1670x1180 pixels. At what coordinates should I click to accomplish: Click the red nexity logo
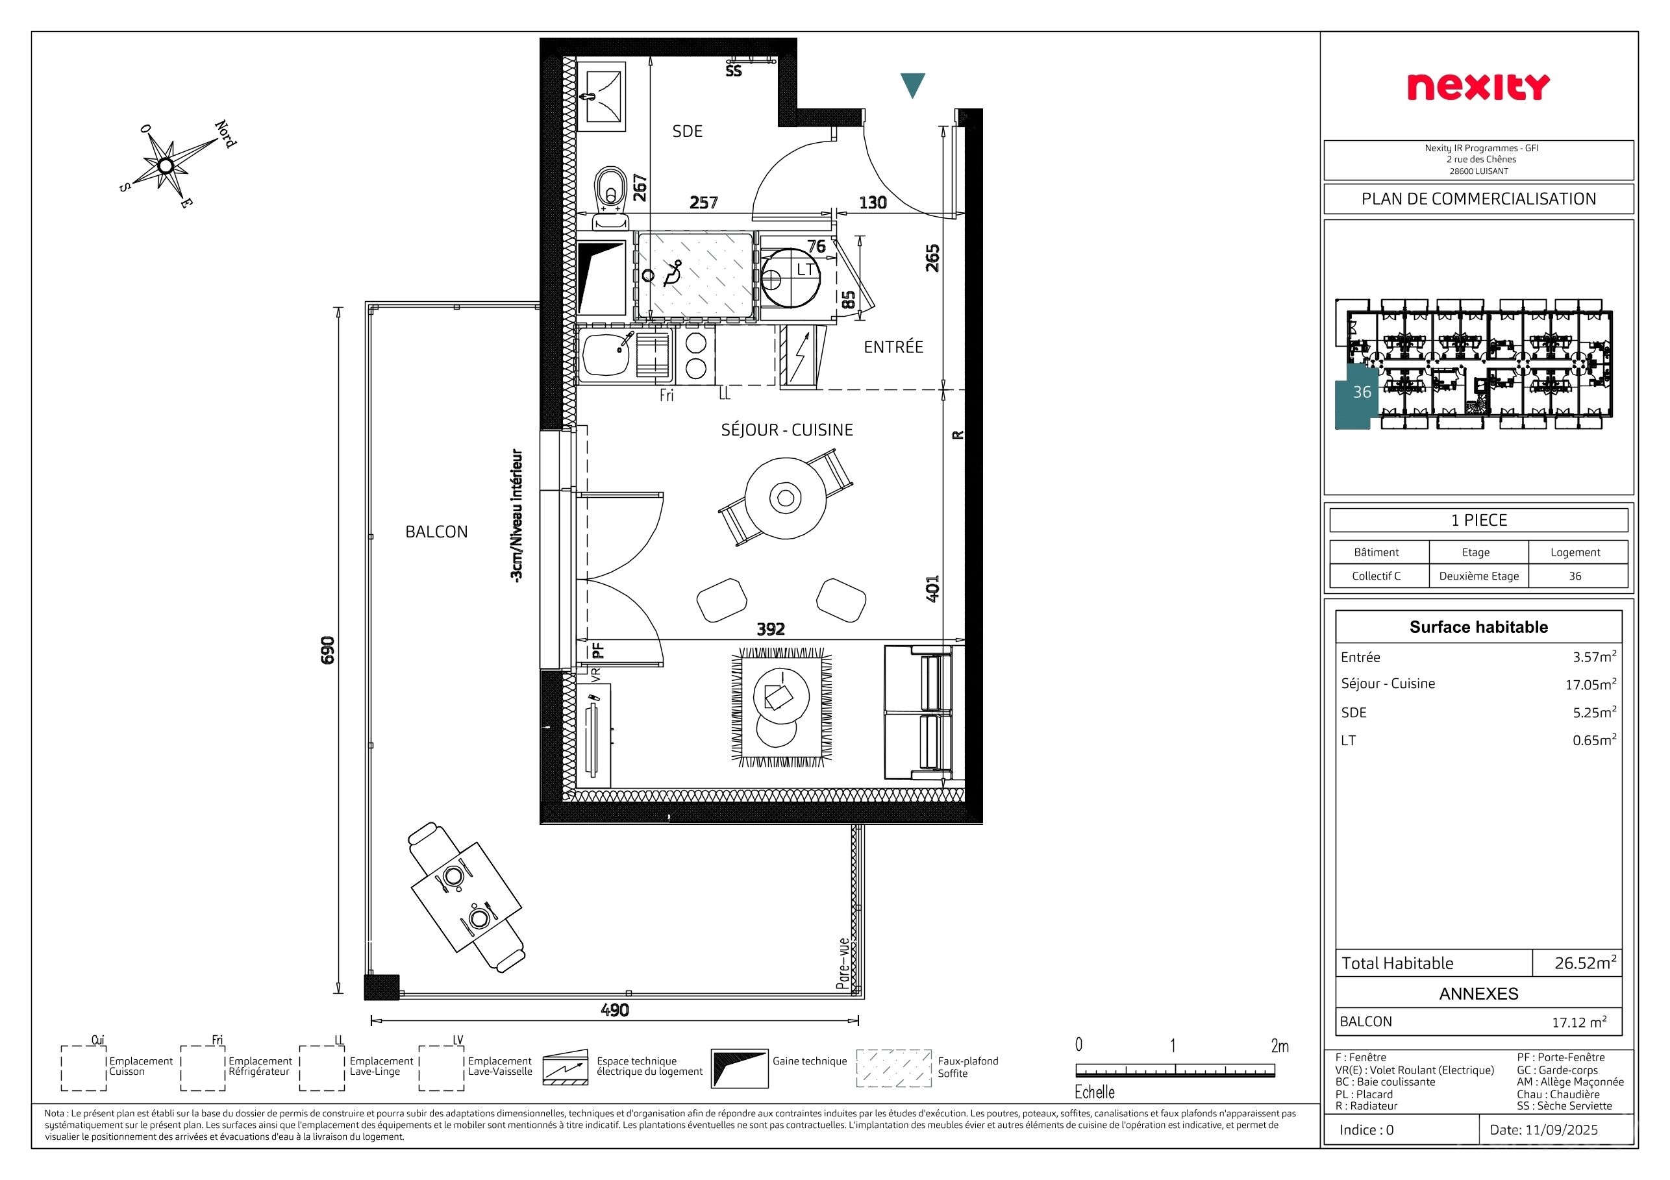1478,87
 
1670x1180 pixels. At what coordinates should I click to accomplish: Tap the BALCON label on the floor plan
436,532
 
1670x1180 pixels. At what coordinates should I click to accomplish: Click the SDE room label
688,131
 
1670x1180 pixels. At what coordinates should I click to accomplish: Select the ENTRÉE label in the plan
893,347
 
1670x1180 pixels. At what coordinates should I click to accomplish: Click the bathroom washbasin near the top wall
601,95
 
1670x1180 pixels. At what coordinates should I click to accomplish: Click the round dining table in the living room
786,498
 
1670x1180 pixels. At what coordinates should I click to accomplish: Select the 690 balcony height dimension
327,649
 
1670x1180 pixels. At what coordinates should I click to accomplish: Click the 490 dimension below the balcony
615,1010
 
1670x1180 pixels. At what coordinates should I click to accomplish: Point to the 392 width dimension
771,629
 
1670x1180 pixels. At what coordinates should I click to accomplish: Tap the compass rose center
166,166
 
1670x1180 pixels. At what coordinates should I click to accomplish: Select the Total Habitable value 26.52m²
1586,963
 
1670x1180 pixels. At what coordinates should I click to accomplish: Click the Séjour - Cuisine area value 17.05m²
1591,684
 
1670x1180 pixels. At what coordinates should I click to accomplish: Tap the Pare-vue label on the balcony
843,964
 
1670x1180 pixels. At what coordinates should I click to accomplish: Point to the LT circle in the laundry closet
791,278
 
